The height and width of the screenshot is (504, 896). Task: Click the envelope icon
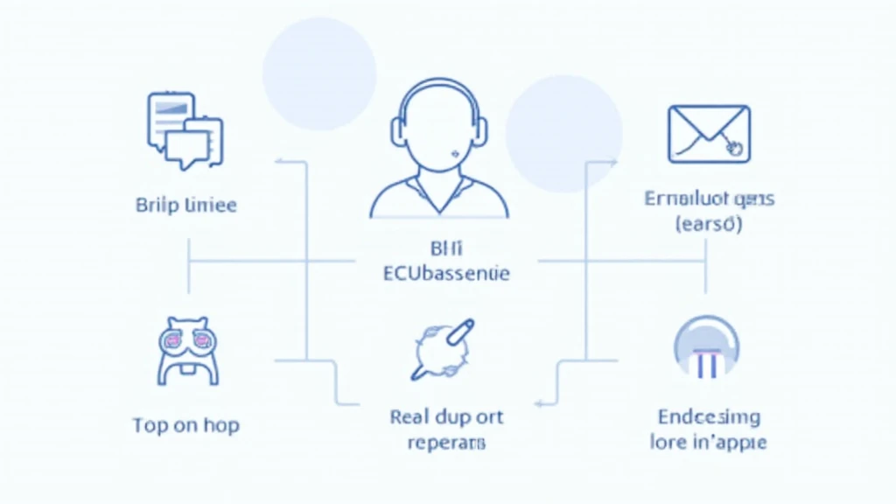click(708, 134)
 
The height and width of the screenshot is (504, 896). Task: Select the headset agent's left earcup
click(398, 128)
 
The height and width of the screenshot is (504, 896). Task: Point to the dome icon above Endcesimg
click(707, 348)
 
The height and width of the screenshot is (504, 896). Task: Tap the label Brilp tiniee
click(186, 206)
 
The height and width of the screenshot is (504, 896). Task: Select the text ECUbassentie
click(446, 274)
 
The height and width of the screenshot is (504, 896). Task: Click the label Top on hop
click(185, 425)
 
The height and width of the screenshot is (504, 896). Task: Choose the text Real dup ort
click(446, 416)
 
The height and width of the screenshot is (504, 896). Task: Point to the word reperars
click(446, 443)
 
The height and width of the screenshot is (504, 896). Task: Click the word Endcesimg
click(709, 416)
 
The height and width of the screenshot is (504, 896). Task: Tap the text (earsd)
click(709, 224)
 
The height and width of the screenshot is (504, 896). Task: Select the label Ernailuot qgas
click(709, 199)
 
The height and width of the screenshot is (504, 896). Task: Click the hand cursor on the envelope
click(734, 149)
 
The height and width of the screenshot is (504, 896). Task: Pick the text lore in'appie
click(709, 442)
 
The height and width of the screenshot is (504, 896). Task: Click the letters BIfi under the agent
click(446, 248)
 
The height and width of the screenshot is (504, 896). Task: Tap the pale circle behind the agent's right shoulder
click(564, 133)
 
